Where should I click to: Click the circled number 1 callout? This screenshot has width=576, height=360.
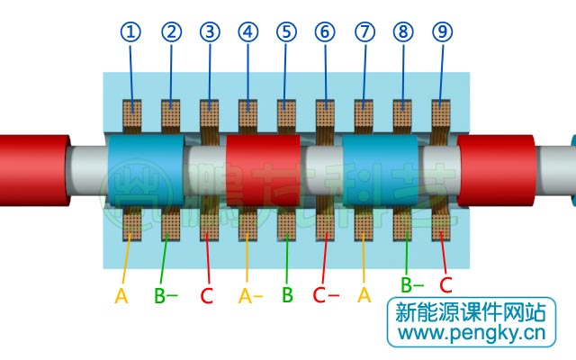coord(132,32)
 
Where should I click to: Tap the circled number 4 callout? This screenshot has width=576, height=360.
coord(248,32)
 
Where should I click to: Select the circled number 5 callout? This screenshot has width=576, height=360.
coord(286,32)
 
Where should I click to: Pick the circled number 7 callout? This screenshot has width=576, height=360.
coord(364,32)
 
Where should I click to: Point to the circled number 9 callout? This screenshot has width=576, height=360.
coord(442,32)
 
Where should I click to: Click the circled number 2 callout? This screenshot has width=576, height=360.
coord(171,32)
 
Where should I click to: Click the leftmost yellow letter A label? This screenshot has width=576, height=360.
coord(121,295)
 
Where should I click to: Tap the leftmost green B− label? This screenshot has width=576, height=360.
coord(166,295)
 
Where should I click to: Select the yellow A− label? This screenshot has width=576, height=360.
coord(250,295)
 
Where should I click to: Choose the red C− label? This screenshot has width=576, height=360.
coord(326,295)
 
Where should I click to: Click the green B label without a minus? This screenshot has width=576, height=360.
coord(287,295)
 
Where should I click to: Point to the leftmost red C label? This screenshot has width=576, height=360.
coord(206,295)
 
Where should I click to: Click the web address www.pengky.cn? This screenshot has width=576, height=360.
coord(472,335)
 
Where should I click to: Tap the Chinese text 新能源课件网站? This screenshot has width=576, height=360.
coord(472,312)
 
